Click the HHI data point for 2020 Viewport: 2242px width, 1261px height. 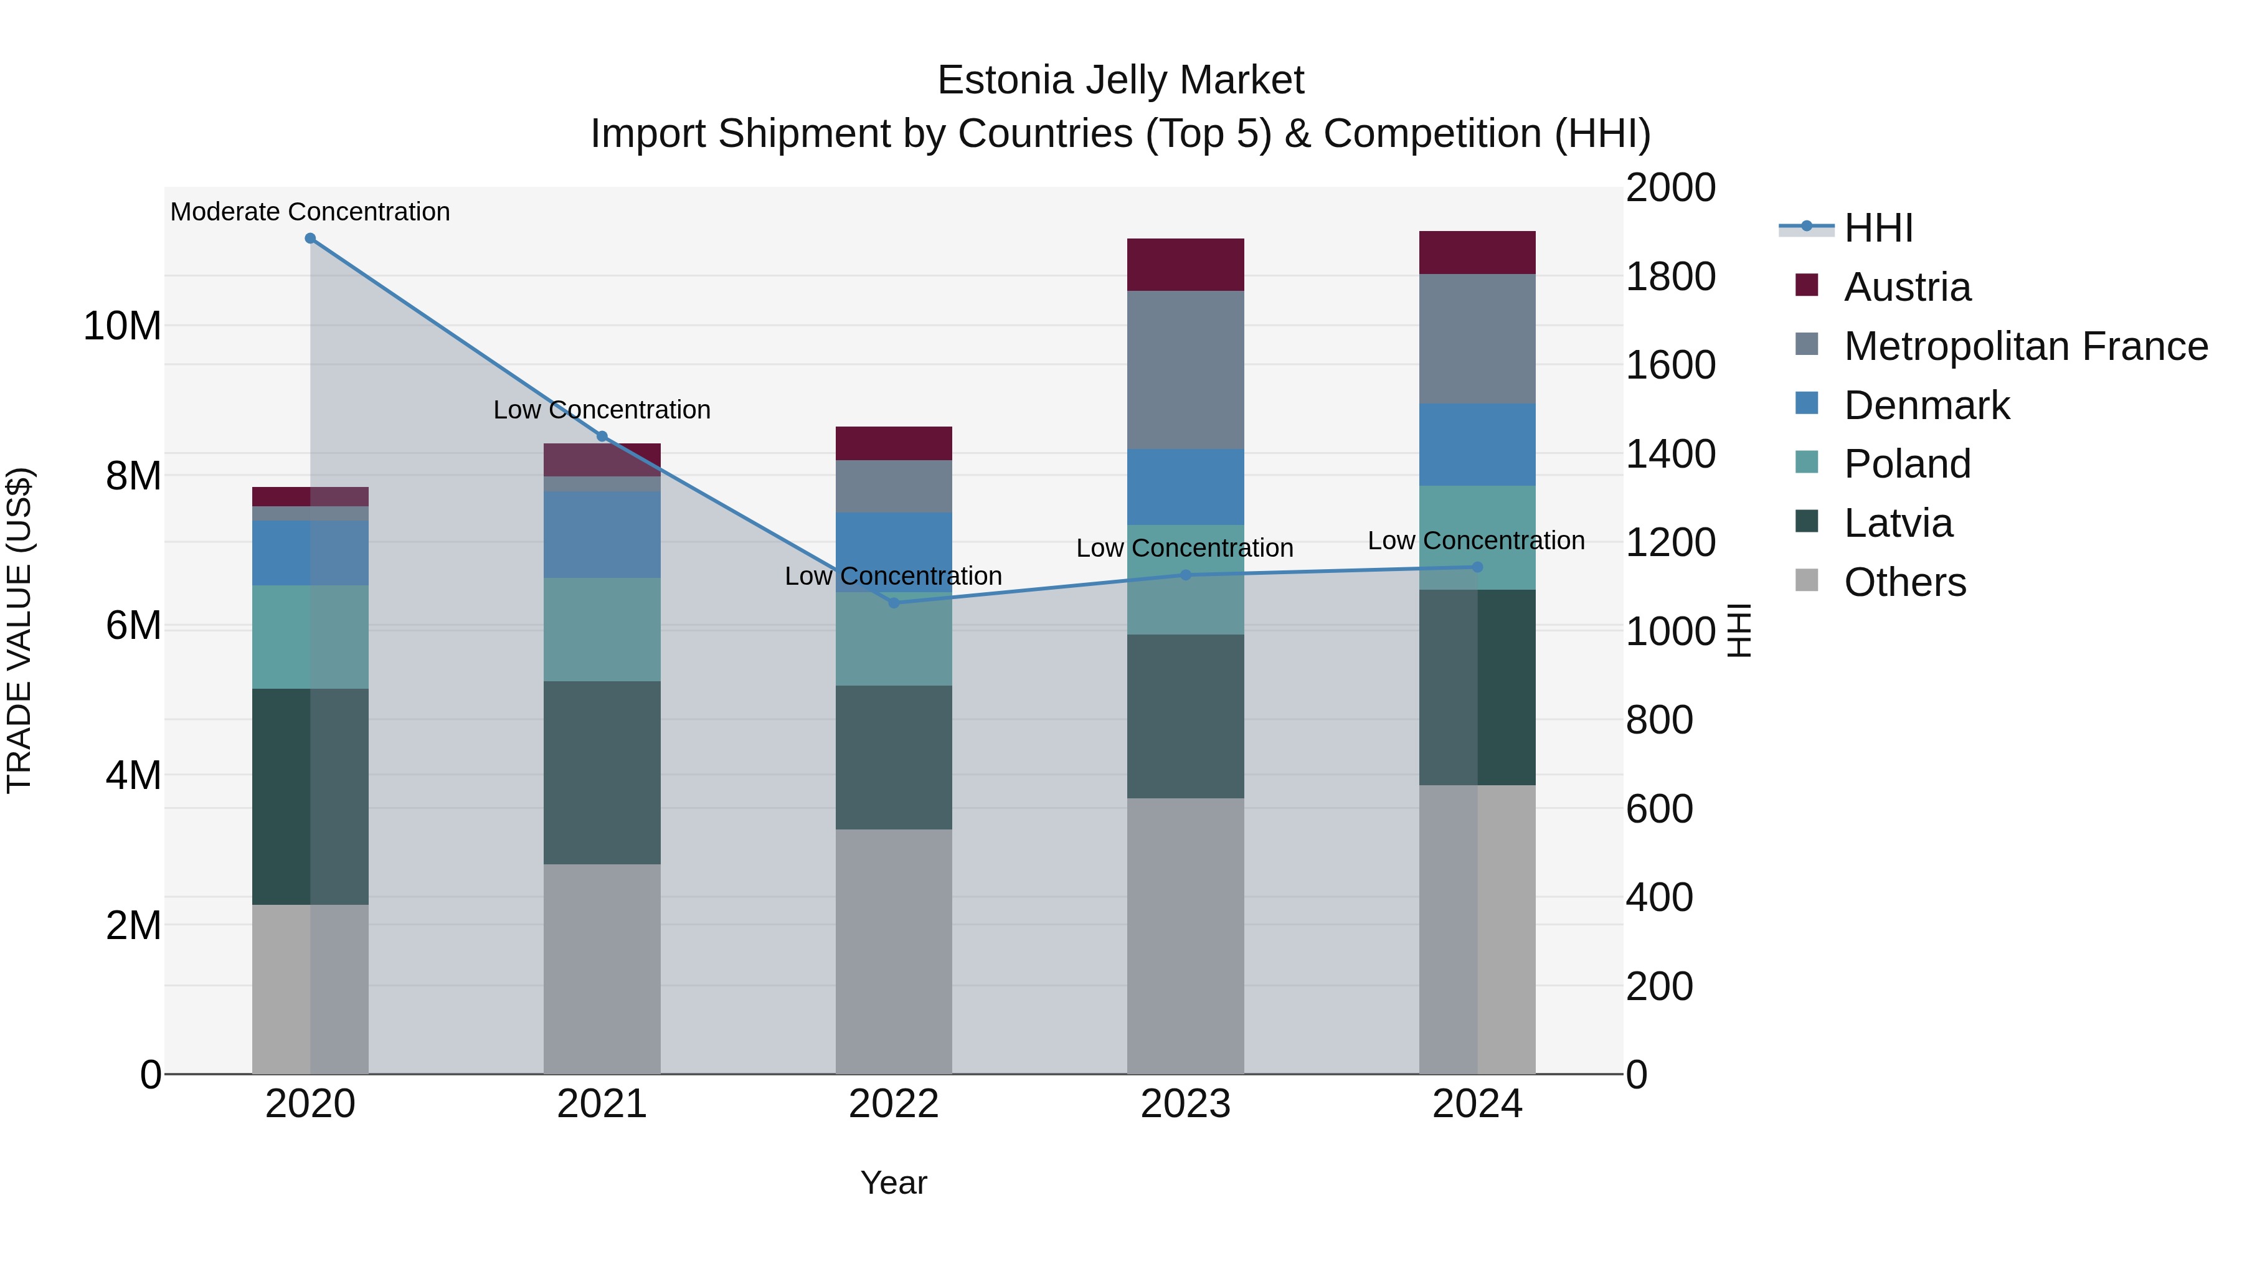click(x=310, y=239)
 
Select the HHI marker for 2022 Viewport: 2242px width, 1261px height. click(x=893, y=602)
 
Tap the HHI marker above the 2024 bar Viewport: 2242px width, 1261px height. click(x=1477, y=567)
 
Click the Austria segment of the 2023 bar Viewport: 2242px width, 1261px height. click(x=1185, y=265)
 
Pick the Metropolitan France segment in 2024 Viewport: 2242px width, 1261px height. click(x=1477, y=339)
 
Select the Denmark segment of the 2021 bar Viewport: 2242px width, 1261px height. click(x=602, y=534)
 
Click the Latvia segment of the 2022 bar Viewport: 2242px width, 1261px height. click(x=893, y=757)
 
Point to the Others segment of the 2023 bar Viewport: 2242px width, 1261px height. click(x=1185, y=935)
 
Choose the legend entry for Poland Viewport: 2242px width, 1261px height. click(x=1906, y=464)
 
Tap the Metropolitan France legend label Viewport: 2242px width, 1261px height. click(x=2025, y=346)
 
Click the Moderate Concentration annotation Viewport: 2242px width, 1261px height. click(x=310, y=212)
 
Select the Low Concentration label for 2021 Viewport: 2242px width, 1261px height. click(x=602, y=410)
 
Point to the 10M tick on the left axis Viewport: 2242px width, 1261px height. click(x=122, y=326)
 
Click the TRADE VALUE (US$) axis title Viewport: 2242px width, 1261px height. click(x=19, y=630)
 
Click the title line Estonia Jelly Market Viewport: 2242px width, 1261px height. click(x=1120, y=80)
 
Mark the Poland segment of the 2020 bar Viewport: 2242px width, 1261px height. click(x=310, y=637)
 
